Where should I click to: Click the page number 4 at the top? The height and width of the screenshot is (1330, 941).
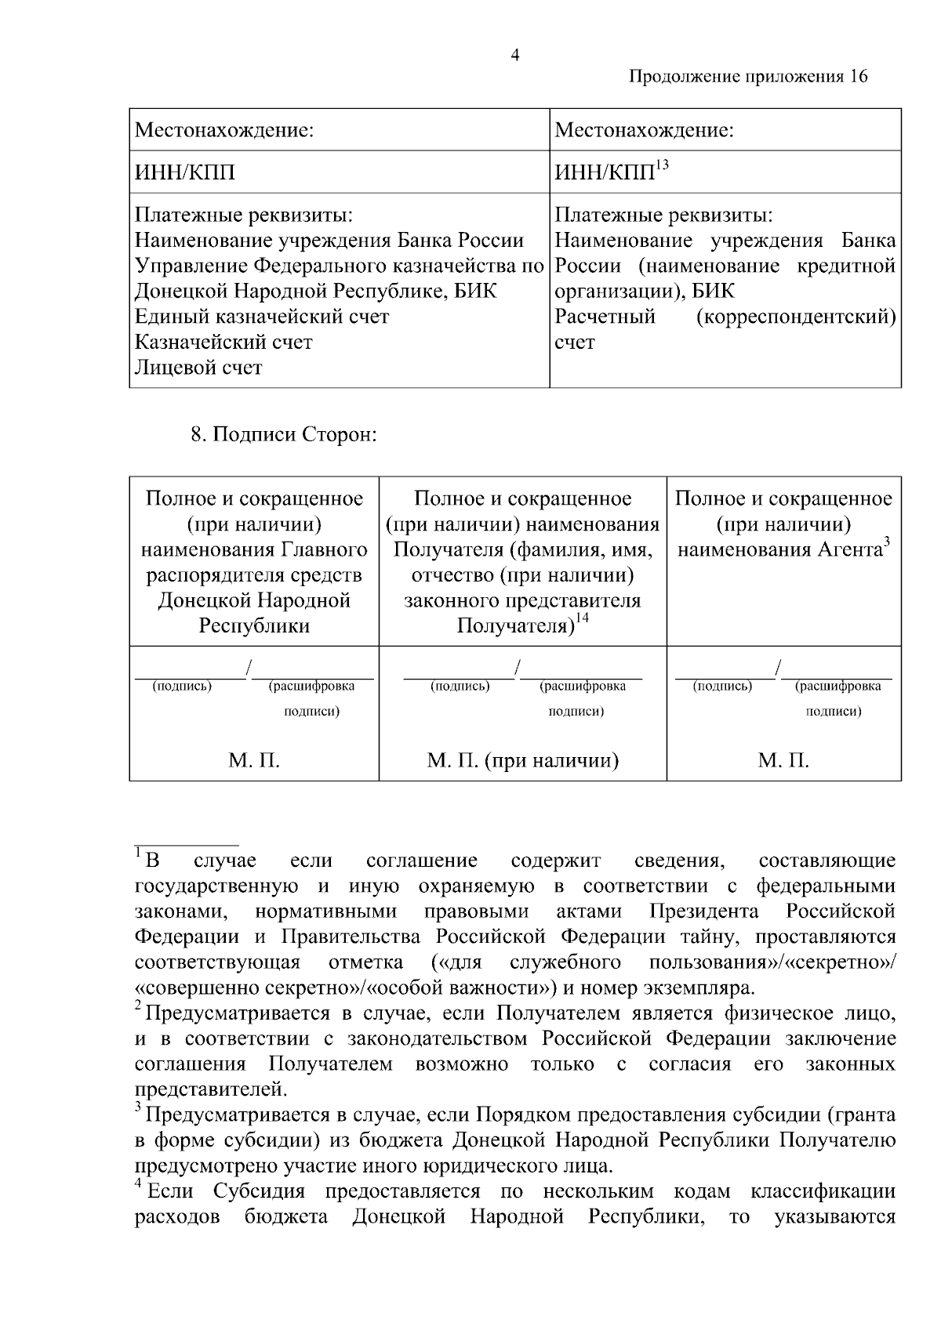(515, 55)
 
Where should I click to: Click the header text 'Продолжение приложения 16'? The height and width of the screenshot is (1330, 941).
(748, 77)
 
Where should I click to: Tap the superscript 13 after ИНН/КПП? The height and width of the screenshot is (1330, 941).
(662, 165)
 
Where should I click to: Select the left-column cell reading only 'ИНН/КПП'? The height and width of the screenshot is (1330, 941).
(185, 172)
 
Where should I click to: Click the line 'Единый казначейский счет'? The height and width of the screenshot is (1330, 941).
(262, 317)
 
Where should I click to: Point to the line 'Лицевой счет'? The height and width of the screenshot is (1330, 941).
(198, 368)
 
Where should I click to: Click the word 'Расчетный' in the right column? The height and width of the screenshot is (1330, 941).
(605, 317)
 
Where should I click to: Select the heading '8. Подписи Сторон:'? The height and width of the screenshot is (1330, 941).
(285, 435)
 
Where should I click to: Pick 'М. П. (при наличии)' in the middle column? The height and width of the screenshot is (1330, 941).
(522, 760)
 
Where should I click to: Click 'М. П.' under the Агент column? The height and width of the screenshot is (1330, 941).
(783, 760)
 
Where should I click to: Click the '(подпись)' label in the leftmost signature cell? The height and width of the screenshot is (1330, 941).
(182, 687)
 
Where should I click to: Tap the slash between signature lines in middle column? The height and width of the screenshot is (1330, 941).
(518, 668)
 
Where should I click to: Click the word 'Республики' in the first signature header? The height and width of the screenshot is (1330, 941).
(254, 626)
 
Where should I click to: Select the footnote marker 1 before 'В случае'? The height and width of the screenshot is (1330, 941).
(138, 852)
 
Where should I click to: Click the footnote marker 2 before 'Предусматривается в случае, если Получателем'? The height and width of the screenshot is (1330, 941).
(138, 1006)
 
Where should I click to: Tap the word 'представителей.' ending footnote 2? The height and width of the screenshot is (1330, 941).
(211, 1089)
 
